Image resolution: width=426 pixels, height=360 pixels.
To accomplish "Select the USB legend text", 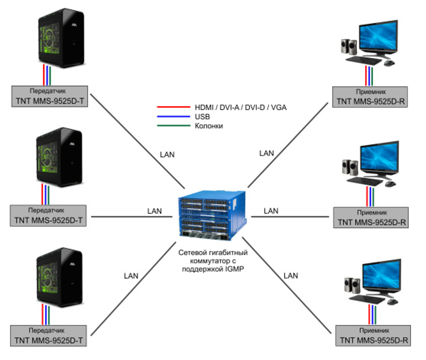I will click(x=202, y=117).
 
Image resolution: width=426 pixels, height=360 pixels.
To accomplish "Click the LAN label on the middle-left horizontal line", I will click(x=155, y=211).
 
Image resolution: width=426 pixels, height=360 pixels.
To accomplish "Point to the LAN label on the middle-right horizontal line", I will click(x=271, y=211).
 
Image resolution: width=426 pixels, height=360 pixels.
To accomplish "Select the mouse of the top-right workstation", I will click(x=389, y=63).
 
